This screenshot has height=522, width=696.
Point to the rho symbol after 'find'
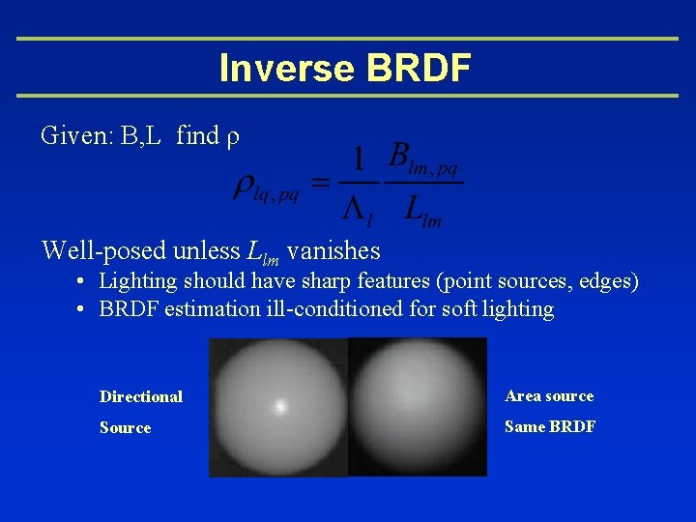[232, 137]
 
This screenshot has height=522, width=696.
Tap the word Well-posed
[102, 251]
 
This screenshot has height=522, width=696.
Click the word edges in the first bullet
[606, 281]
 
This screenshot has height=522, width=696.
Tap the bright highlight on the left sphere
[280, 407]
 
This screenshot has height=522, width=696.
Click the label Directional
[141, 396]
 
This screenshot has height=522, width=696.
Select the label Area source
[549, 395]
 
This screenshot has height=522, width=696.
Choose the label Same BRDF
[550, 426]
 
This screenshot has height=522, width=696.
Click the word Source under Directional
[125, 427]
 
